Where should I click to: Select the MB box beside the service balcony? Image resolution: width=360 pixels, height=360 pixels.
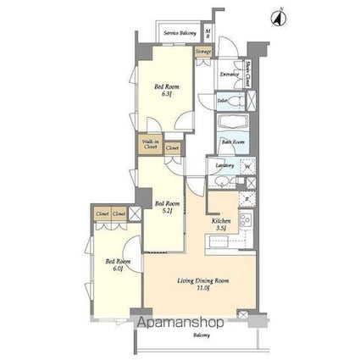pos(208,34)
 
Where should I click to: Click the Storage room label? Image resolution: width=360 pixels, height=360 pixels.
pos(203,52)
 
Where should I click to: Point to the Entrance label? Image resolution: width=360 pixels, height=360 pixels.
pos(229,75)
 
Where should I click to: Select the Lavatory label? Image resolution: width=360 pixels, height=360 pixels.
pos(224,164)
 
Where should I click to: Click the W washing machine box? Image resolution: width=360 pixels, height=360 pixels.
pos(247,165)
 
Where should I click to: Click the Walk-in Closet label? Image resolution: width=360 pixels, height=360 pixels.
pos(150,145)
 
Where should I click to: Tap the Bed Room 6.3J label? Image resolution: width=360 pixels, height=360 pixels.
pos(165,91)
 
